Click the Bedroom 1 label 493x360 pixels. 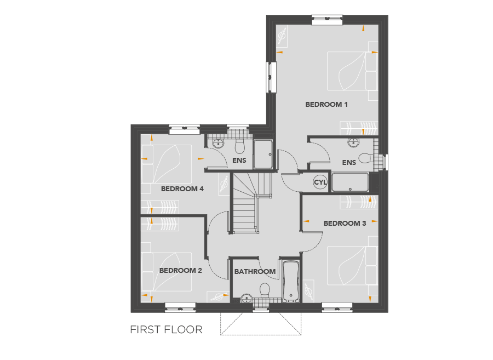326,105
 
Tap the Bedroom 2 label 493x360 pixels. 180,270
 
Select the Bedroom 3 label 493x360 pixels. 345,223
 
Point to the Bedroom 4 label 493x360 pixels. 182,188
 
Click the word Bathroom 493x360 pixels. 255,271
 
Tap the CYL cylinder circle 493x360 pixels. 320,182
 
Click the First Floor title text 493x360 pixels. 167,329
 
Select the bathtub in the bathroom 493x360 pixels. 291,281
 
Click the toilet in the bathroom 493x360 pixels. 265,290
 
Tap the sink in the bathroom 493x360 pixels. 246,298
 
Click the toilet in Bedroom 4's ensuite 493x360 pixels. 240,146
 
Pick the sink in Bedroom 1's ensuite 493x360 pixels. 353,143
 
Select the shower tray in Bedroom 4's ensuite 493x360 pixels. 263,154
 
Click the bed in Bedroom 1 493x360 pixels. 352,71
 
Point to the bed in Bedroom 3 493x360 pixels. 352,266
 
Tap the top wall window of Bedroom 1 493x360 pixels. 327,20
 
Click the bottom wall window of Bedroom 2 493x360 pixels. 180,308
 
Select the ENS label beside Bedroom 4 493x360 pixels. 239,161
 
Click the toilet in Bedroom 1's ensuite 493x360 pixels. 366,158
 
